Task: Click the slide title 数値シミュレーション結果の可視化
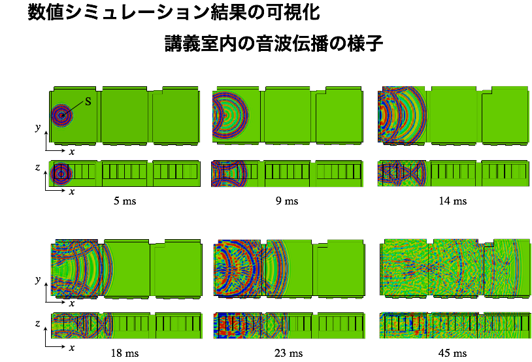(173, 12)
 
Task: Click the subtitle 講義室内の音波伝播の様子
(274, 44)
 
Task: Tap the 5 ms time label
(125, 201)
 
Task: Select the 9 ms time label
(287, 201)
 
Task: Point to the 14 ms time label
(453, 201)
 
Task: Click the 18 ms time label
(125, 354)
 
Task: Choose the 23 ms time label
(288, 354)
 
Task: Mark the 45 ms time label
(453, 354)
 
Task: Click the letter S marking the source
(88, 101)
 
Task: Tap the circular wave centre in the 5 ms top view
(61, 116)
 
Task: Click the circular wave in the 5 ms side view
(61, 174)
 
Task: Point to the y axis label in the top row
(38, 127)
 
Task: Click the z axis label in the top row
(37, 167)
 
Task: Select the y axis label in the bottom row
(38, 280)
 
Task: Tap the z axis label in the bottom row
(37, 323)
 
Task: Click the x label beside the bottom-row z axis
(72, 348)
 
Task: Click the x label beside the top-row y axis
(72, 152)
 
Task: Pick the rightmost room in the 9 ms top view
(339, 116)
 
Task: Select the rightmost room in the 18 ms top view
(178, 268)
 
